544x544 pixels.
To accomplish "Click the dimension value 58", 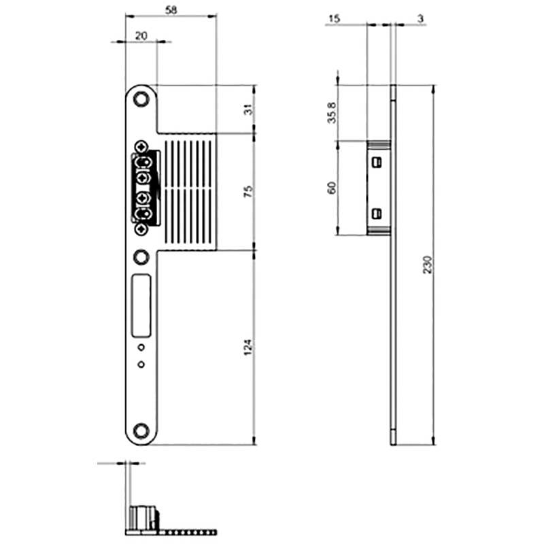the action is click(x=171, y=10).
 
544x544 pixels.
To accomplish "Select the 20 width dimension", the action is click(x=141, y=36).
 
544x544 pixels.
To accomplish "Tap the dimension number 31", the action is click(x=249, y=109).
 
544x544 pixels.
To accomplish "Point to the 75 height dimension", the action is click(x=249, y=192).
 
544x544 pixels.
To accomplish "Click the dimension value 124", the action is click(x=248, y=347).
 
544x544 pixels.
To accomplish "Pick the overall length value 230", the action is click(x=428, y=265).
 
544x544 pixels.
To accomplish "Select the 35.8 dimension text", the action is click(x=332, y=113).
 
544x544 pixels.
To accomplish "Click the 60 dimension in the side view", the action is click(x=332, y=188).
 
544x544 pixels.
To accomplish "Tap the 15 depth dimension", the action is click(x=334, y=19).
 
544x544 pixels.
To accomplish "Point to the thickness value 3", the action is click(x=421, y=19).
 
